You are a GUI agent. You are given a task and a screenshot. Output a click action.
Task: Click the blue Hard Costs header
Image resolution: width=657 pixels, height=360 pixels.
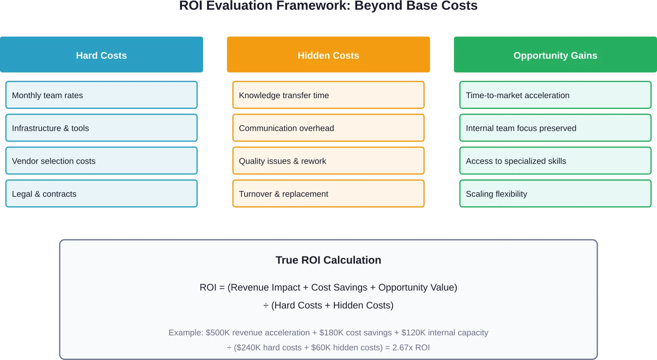tap(101, 56)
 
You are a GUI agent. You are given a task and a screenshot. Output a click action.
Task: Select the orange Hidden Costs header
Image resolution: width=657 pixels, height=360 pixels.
tap(328, 56)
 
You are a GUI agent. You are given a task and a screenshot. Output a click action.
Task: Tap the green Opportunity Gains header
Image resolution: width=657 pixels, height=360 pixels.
tap(555, 56)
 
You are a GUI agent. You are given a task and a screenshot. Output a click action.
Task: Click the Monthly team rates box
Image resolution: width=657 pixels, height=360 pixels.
tap(101, 95)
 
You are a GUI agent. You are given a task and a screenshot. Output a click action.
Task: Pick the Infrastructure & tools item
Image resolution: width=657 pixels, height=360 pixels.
tap(101, 128)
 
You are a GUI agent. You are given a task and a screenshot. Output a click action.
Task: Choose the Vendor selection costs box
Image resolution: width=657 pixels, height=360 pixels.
tap(101, 161)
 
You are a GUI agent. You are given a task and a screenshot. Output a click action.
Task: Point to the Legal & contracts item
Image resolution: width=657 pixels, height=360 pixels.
tap(101, 194)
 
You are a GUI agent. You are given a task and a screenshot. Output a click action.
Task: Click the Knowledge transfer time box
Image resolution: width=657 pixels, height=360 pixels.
tap(328, 95)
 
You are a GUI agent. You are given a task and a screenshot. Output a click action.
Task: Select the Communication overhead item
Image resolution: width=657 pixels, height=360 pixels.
tap(328, 128)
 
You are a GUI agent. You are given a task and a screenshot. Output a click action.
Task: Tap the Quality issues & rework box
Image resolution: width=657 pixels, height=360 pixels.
tap(328, 161)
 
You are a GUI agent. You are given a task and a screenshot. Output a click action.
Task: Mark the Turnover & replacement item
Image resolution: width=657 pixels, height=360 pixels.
tap(328, 194)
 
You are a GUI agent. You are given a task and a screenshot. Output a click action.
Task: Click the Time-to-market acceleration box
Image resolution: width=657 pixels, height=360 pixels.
tap(555, 95)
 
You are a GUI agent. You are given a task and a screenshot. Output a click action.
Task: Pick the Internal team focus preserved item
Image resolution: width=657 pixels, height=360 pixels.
tap(555, 128)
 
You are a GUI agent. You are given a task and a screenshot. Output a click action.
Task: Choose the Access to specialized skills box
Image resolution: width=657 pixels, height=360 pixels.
tap(555, 161)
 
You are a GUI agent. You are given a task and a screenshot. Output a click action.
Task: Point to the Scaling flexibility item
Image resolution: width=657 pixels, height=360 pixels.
tap(555, 194)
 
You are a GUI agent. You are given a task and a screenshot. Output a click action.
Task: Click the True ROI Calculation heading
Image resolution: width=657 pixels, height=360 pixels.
tap(328, 260)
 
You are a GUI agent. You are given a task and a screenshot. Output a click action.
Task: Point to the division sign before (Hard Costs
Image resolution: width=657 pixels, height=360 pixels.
tap(266, 306)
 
